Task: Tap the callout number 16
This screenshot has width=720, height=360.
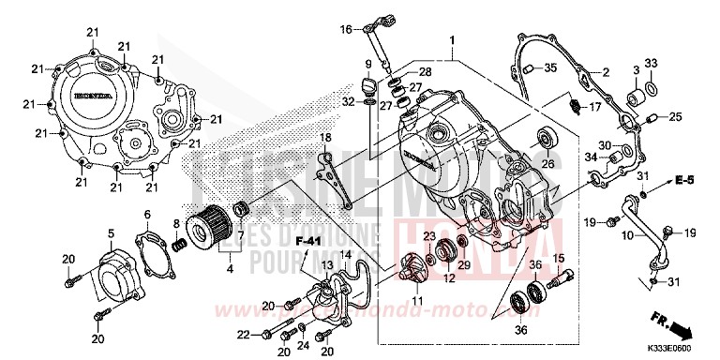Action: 346,30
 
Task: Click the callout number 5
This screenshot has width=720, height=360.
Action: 111,233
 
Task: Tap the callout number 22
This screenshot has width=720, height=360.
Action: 244,335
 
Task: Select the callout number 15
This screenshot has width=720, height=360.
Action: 557,258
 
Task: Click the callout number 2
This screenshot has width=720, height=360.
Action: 606,72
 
